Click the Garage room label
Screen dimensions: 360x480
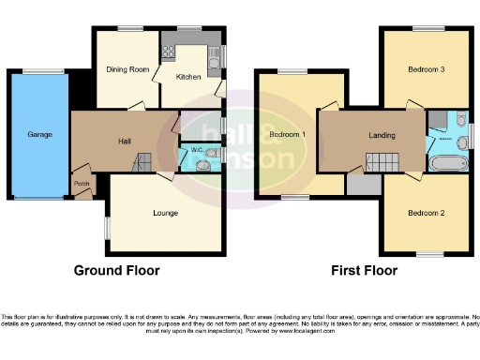[x=39, y=135]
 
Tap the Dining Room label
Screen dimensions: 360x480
[x=128, y=69]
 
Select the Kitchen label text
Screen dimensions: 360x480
[x=189, y=79]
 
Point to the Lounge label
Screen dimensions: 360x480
[x=166, y=213]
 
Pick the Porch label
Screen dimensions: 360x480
[x=82, y=184]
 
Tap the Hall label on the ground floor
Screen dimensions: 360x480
[x=124, y=142]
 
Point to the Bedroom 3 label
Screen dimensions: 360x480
[x=426, y=69]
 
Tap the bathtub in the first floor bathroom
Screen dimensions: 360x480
[x=446, y=163]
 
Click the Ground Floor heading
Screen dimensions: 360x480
[x=116, y=271]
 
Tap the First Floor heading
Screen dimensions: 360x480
[x=364, y=271]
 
